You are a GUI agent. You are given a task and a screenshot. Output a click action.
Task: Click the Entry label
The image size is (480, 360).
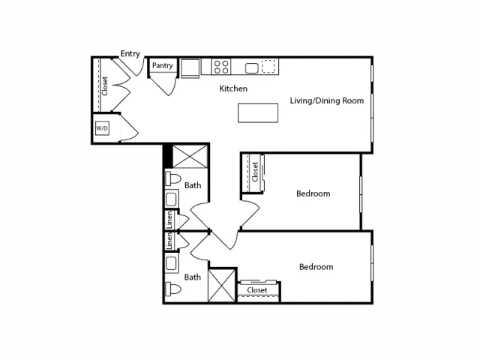click(130, 54)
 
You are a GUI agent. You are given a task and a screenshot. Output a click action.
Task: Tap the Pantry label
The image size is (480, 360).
click(163, 65)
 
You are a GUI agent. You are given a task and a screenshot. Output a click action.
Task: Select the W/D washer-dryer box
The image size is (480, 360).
click(102, 128)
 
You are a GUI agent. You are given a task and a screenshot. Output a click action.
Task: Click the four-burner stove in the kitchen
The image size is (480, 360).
click(221, 67)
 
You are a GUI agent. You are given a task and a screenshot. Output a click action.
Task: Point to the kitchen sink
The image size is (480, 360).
click(252, 68)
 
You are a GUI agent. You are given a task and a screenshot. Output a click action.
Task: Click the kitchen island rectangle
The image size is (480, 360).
click(258, 113)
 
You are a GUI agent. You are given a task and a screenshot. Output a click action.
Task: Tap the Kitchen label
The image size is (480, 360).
click(233, 88)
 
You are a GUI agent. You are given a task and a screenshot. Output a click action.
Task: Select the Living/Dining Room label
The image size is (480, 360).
click(327, 100)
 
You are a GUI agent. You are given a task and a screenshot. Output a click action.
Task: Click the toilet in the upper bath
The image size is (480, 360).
click(173, 178)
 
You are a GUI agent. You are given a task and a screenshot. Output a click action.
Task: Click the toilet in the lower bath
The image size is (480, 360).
click(173, 289)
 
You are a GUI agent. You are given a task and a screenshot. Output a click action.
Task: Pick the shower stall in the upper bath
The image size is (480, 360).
click(190, 157)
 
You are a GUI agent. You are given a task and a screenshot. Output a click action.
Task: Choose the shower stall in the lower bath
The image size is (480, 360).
click(222, 286)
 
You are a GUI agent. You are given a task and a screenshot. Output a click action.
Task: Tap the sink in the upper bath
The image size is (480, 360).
click(172, 199)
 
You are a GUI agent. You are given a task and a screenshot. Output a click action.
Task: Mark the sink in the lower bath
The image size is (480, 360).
click(172, 264)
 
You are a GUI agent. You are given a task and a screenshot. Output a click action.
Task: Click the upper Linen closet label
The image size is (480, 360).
click(169, 220)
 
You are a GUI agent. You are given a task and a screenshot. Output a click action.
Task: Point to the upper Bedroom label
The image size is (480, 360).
click(313, 193)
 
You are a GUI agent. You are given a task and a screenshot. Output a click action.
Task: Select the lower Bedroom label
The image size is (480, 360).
click(316, 267)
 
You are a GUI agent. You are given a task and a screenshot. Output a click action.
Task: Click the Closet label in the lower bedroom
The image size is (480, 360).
click(257, 290)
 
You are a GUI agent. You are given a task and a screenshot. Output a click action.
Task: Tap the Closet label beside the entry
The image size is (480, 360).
click(105, 86)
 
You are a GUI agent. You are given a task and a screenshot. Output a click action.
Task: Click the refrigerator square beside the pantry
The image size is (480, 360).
click(190, 68)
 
